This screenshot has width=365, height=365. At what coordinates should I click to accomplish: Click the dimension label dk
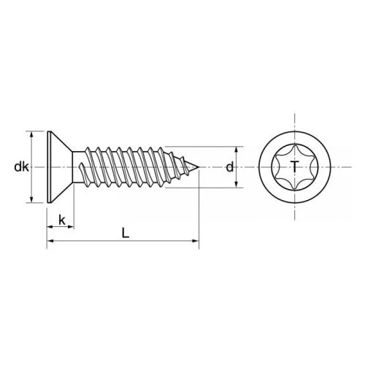pyautogui.click(x=21, y=167)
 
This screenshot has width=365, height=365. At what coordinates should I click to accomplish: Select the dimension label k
pyautogui.click(x=62, y=220)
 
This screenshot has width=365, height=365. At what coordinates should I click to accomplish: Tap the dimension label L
pyautogui.click(x=126, y=233)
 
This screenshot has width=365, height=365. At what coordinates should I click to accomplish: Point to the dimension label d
pyautogui.click(x=230, y=167)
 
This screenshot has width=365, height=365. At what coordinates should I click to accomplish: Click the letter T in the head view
pyautogui.click(x=295, y=166)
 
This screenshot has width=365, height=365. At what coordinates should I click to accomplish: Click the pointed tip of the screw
pyautogui.click(x=199, y=167)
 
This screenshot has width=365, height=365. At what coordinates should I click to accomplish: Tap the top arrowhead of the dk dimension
pyautogui.click(x=31, y=134)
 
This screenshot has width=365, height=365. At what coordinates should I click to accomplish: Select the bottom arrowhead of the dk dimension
pyautogui.click(x=31, y=199)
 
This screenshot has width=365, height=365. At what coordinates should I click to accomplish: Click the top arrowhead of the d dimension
pyautogui.click(x=236, y=150)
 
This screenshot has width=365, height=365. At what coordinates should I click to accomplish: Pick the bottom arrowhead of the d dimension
pyautogui.click(x=236, y=185)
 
